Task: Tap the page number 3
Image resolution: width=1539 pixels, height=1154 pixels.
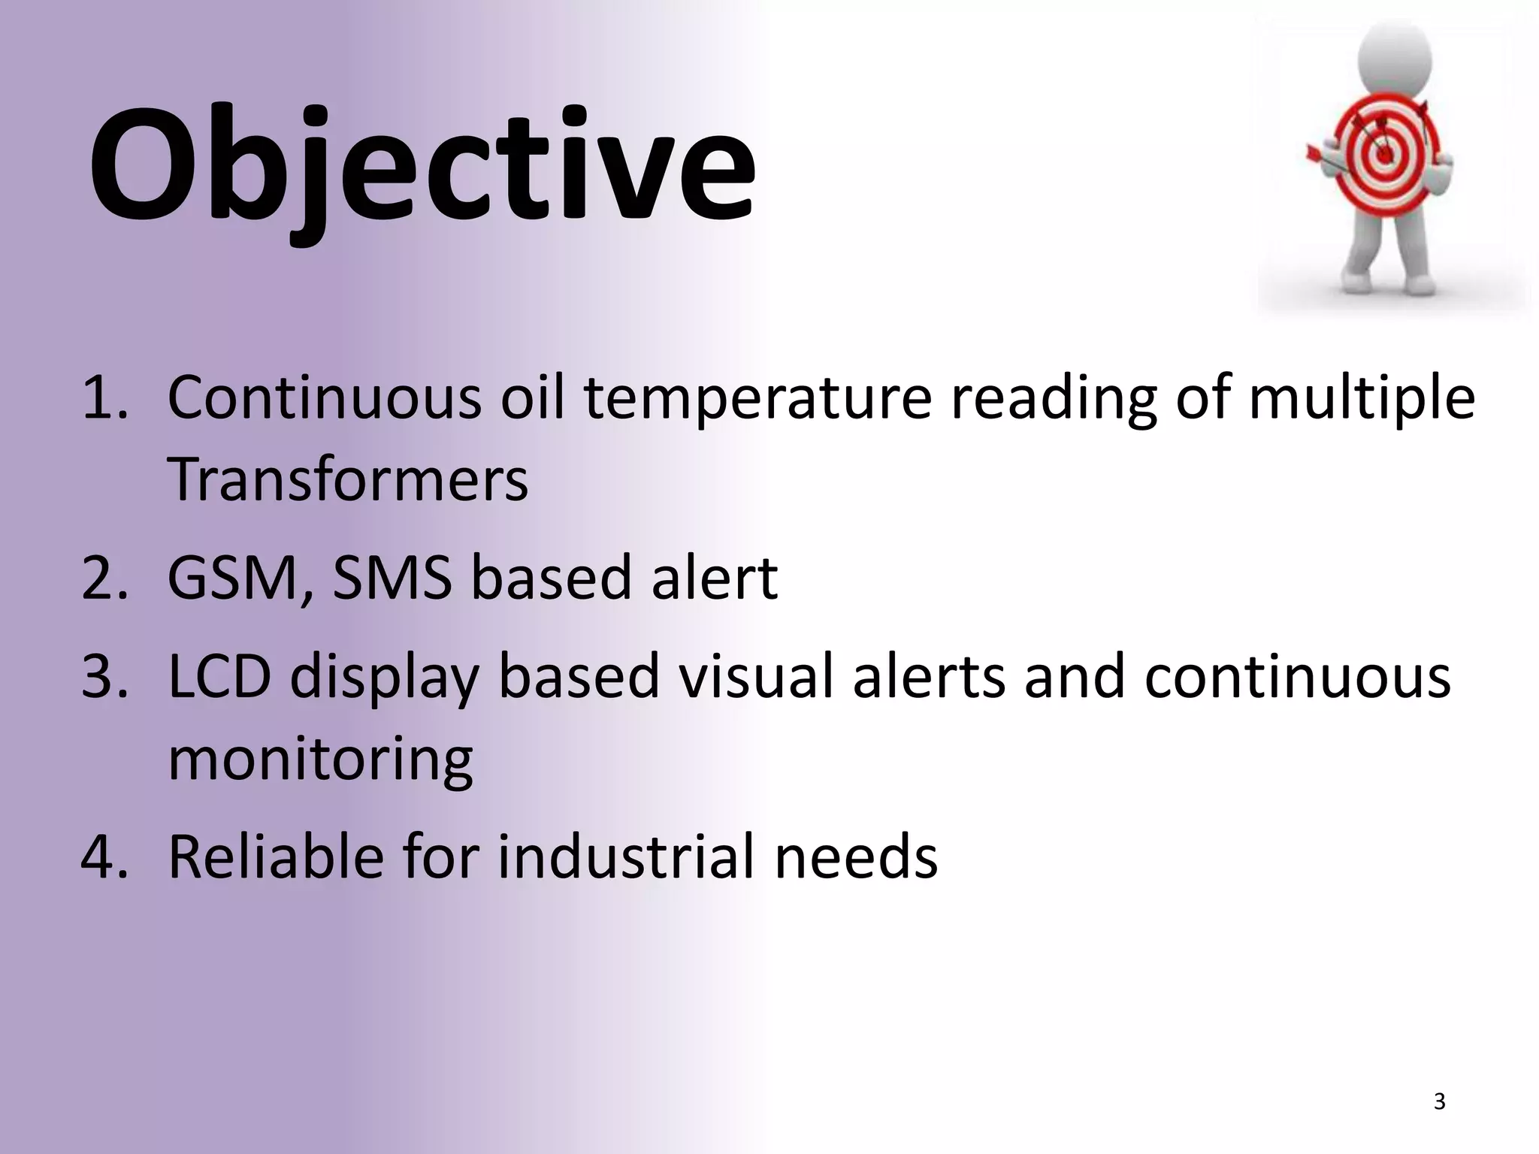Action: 1439,1101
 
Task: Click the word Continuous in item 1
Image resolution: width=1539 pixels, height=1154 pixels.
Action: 324,398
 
